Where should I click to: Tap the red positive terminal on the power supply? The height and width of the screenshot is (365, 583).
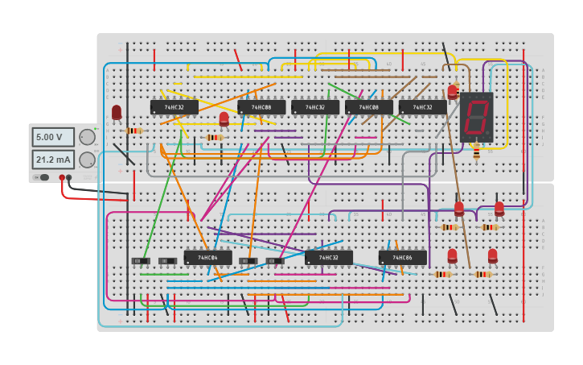[x=62, y=177]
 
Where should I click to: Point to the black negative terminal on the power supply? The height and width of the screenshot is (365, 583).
[x=69, y=177]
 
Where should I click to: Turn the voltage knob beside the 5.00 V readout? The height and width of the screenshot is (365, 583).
[x=87, y=137]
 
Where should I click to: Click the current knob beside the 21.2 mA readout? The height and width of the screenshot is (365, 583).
[x=87, y=160]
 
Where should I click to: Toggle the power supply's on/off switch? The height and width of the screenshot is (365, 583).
[x=40, y=177]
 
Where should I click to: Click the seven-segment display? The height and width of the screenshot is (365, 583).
[x=476, y=118]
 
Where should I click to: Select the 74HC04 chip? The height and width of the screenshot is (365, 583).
[x=207, y=258]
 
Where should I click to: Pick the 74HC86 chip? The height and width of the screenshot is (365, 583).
[x=402, y=258]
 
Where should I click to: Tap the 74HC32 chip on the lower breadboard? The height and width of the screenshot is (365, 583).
[x=328, y=258]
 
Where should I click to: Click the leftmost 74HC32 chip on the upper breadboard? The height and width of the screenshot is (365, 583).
[x=174, y=107]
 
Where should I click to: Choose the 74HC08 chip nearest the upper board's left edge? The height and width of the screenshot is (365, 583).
[x=261, y=107]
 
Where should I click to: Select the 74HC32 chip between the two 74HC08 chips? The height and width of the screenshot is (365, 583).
[x=314, y=107]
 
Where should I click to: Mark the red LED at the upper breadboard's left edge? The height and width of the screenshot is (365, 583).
[x=117, y=112]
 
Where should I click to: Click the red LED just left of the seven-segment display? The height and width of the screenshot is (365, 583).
[x=453, y=93]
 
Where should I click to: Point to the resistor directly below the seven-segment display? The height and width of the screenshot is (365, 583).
[x=476, y=151]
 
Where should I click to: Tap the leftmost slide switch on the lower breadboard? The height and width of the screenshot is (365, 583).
[x=141, y=261]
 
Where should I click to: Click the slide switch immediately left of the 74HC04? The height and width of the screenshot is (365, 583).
[x=167, y=261]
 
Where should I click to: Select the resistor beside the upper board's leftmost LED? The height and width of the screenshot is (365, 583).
[x=133, y=131]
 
